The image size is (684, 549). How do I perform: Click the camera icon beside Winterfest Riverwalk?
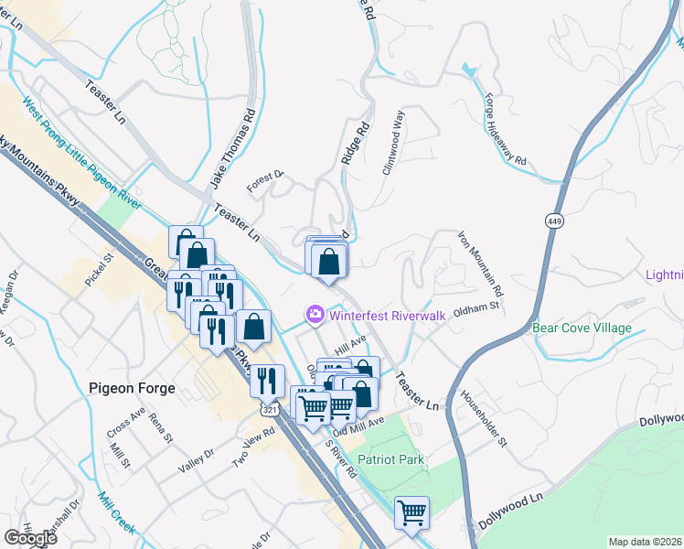pyautogui.click(x=315, y=315)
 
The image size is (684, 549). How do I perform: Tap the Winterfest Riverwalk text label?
pyautogui.click(x=387, y=316)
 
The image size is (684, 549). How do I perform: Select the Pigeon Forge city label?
pyautogui.click(x=126, y=387)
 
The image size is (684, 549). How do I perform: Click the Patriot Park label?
pyautogui.click(x=390, y=459)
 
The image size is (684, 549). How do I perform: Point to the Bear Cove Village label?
pyautogui.click(x=582, y=328)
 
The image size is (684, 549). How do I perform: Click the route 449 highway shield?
pyautogui.click(x=554, y=221)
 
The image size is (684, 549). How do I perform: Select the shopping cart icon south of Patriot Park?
pyautogui.click(x=411, y=512)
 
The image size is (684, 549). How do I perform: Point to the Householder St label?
pyautogui.click(x=484, y=417)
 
